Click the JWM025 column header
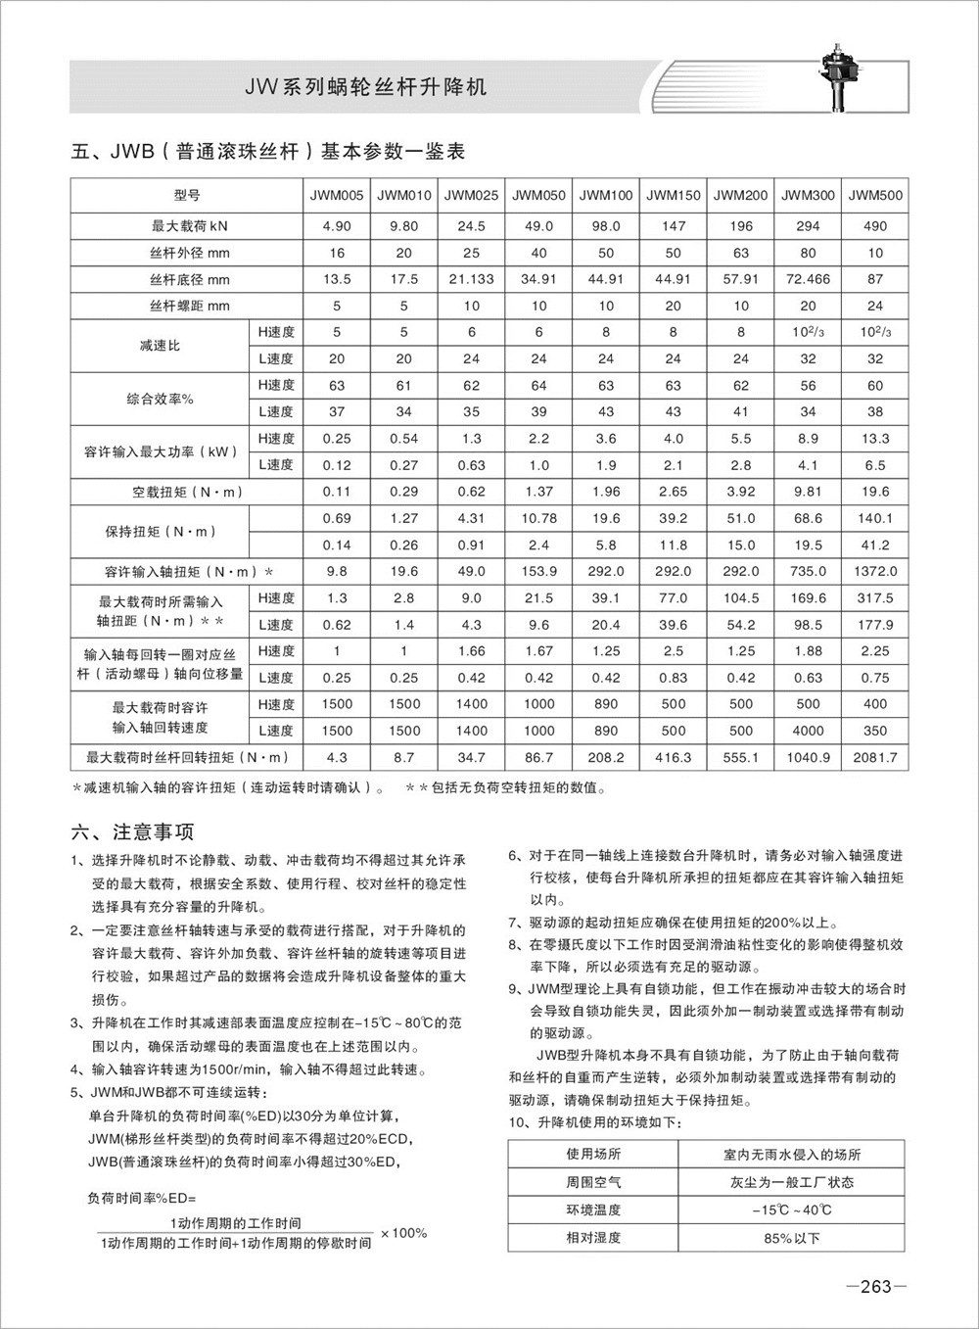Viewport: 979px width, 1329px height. pyautogui.click(x=471, y=195)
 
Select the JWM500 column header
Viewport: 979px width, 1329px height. pyautogui.click(x=875, y=195)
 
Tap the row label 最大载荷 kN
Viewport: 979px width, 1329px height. pyautogui.click(x=189, y=225)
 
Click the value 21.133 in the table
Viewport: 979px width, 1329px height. pyautogui.click(x=471, y=279)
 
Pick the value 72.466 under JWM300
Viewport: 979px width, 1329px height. pyautogui.click(x=808, y=279)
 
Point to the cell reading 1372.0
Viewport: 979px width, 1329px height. pyautogui.click(x=875, y=571)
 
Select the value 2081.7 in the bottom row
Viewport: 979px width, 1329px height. pyautogui.click(x=875, y=757)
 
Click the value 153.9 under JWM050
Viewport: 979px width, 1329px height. pyautogui.click(x=538, y=571)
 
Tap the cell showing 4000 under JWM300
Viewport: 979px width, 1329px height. pyautogui.click(x=808, y=731)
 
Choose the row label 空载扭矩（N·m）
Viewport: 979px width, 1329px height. pyautogui.click(x=189, y=492)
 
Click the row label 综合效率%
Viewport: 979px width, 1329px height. pyautogui.click(x=160, y=399)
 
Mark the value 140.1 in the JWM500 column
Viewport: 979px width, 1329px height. pyautogui.click(x=875, y=518)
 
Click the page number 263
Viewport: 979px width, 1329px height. pyautogui.click(x=875, y=1287)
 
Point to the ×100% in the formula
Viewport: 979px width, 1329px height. pyautogui.click(x=403, y=1232)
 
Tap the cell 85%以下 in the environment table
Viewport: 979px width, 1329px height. pyautogui.click(x=792, y=1238)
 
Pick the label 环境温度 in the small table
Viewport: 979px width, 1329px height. pyautogui.click(x=593, y=1210)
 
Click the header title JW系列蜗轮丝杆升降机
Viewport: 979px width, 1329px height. pyautogui.click(x=365, y=87)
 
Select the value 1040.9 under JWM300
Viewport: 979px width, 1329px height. pyautogui.click(x=808, y=757)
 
